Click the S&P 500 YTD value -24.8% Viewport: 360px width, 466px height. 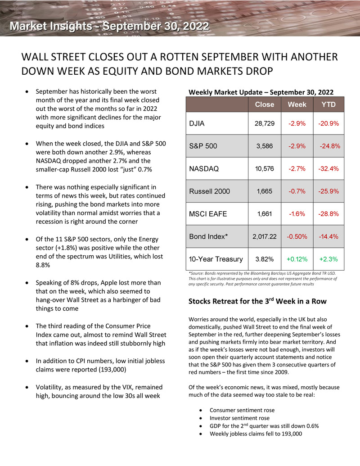tap(329, 146)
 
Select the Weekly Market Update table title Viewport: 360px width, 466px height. tap(261, 92)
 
